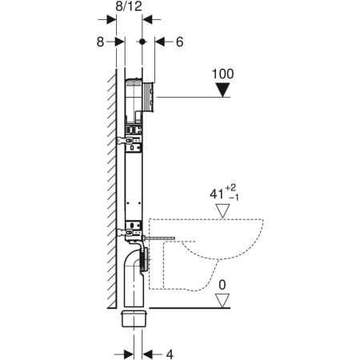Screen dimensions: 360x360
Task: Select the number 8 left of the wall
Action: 101,42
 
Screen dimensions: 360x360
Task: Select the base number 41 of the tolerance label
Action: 214,194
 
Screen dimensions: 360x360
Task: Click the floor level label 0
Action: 223,283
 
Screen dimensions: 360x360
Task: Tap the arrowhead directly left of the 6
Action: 159,42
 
